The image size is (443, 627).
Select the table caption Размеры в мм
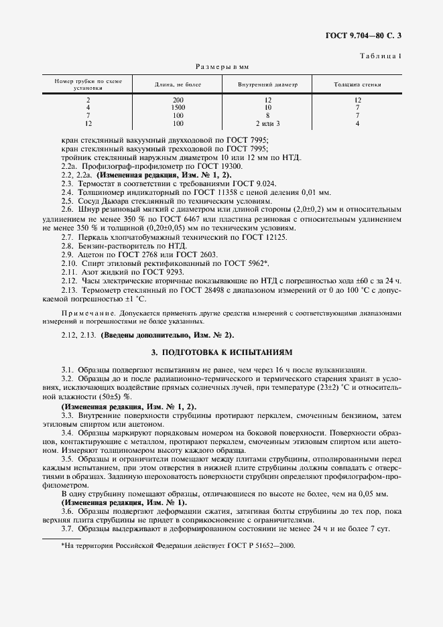(x=222, y=67)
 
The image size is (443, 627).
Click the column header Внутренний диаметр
(x=267, y=85)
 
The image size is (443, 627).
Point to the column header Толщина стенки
(x=357, y=85)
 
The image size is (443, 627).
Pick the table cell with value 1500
(x=178, y=108)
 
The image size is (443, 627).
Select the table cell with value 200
(x=178, y=100)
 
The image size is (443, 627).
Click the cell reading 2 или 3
(x=267, y=124)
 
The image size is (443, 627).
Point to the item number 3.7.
(x=67, y=529)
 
